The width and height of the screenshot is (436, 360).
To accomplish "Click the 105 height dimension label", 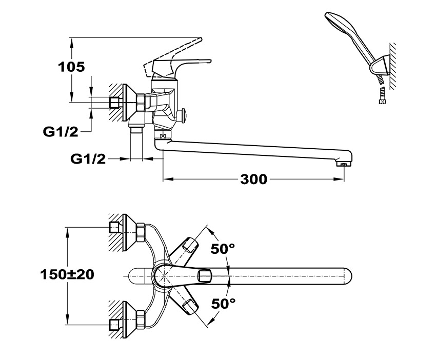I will coord(71,67).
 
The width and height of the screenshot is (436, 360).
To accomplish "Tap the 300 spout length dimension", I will coord(253,179).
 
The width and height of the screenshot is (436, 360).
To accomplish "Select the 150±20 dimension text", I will coord(67,274).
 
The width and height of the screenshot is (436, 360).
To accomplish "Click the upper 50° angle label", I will coord(223,249).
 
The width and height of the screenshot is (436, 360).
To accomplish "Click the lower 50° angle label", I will coord(223,303).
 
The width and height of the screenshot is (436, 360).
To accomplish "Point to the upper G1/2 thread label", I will coord(60,132).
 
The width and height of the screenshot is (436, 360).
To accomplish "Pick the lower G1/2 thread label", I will coord(88,159).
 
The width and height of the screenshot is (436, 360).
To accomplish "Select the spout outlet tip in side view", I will coord(343,164).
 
